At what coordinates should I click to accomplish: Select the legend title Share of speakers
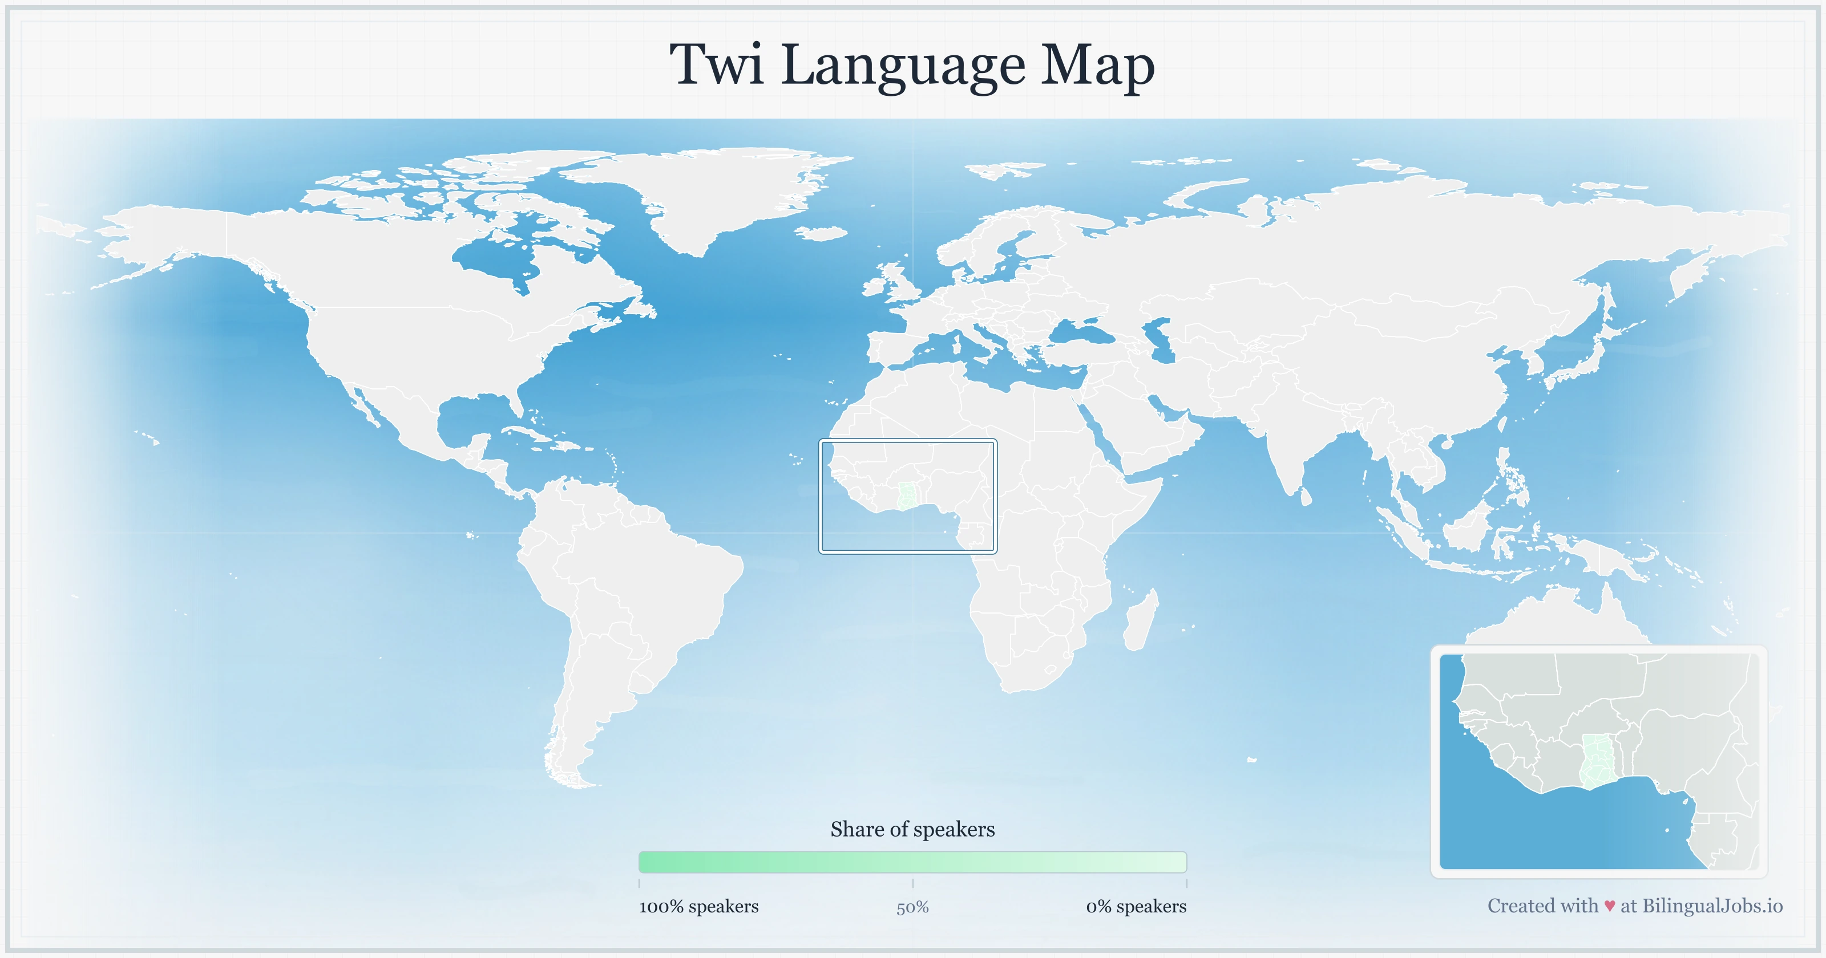pyautogui.click(x=912, y=829)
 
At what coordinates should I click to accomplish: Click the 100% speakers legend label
pyautogui.click(x=698, y=906)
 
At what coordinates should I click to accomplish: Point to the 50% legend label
pyautogui.click(x=912, y=907)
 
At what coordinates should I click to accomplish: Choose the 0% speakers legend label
pyautogui.click(x=1136, y=906)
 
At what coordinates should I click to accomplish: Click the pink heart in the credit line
pyautogui.click(x=1609, y=906)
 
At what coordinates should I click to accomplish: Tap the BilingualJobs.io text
pyautogui.click(x=1712, y=906)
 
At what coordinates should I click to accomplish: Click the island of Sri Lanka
pyautogui.click(x=1305, y=497)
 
